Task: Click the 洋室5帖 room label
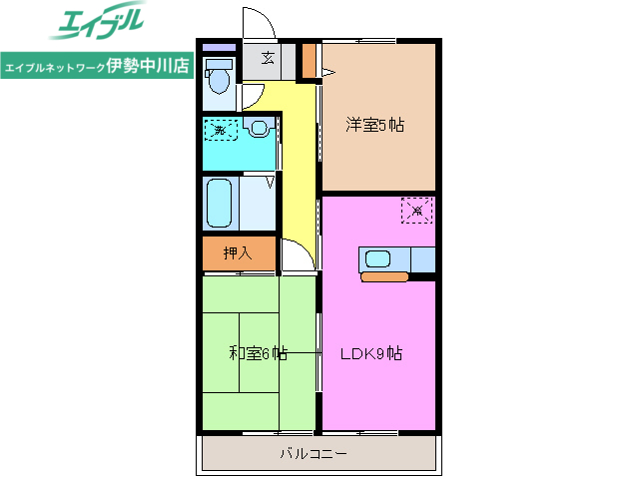tap(374, 126)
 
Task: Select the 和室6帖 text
tap(258, 352)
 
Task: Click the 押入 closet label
tap(237, 253)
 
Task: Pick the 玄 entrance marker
tap(269, 58)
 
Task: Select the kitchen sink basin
tap(378, 259)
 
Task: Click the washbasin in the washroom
tap(260, 128)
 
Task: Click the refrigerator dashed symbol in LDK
tap(416, 210)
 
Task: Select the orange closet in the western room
tap(310, 61)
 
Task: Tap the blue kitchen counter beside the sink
tap(422, 258)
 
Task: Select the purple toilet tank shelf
tap(219, 47)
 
